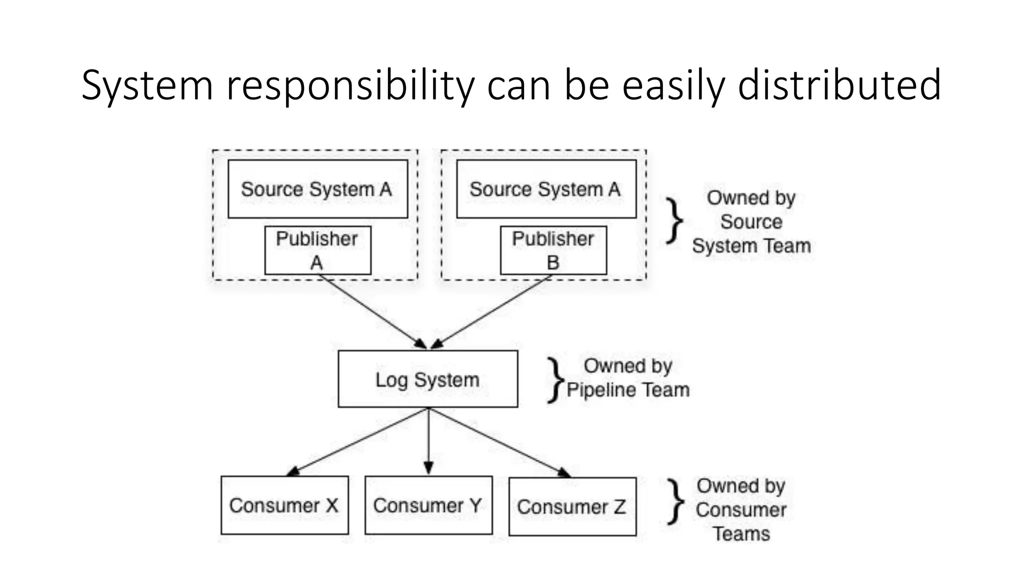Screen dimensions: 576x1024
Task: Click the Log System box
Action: (427, 379)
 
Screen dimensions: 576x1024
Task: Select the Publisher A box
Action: (317, 250)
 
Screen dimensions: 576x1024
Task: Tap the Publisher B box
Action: (553, 250)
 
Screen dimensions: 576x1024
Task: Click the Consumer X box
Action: (284, 505)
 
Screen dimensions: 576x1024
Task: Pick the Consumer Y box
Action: (428, 505)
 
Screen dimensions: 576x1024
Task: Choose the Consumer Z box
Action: (572, 506)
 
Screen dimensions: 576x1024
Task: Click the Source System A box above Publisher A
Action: (317, 189)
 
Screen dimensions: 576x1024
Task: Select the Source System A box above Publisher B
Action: (546, 189)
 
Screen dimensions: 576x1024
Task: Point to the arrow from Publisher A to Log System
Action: (372, 311)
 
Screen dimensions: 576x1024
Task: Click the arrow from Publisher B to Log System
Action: (492, 311)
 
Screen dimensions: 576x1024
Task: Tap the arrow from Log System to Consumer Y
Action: (428, 440)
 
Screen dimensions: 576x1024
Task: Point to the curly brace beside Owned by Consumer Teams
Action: (676, 501)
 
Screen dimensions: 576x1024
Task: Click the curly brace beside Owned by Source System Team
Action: (675, 220)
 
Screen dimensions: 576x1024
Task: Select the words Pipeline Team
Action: (628, 389)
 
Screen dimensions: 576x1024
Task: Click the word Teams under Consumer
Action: (741, 533)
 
